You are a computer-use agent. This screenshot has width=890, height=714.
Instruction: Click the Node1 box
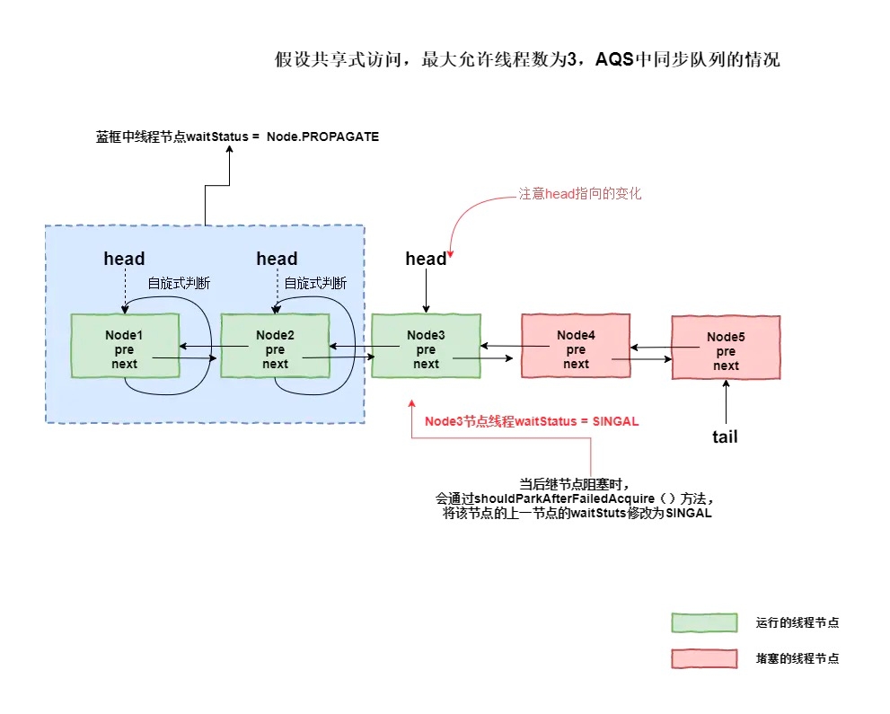[125, 345]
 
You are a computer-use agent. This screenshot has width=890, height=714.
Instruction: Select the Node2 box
[275, 345]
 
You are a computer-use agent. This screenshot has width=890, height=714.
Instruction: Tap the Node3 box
[426, 345]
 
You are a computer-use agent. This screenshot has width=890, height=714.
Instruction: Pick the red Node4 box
[576, 345]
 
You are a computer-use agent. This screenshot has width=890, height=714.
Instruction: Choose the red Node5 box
[726, 348]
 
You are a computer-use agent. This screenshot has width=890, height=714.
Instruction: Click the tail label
[725, 436]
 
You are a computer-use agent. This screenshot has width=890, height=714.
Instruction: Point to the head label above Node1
[124, 260]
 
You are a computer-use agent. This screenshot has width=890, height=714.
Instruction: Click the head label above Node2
[277, 260]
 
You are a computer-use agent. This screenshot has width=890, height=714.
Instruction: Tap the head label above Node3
[426, 260]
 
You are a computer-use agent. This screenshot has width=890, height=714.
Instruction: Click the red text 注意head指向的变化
[580, 193]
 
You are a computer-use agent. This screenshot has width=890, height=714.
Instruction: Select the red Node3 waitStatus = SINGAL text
[532, 421]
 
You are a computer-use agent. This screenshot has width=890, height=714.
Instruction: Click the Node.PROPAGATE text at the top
[322, 137]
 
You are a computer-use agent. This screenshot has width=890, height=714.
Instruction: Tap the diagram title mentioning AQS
[527, 61]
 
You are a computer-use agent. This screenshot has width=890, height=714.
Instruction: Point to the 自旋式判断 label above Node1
[180, 283]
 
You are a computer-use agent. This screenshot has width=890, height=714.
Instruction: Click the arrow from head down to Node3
[426, 291]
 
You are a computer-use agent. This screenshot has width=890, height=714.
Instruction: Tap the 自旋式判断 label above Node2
[315, 283]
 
